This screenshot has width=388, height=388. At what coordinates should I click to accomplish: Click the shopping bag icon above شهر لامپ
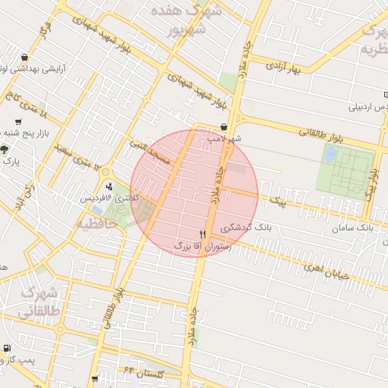pos(224,127)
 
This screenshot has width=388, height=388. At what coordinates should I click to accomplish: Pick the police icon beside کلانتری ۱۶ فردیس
pos(111,186)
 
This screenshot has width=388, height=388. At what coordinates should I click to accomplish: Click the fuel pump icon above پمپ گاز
pos(8,349)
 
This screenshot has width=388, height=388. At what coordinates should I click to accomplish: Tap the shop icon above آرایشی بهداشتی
pos(26,57)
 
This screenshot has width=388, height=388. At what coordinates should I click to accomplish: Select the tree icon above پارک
pos(5,149)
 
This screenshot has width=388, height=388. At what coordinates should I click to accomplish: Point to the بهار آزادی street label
pos(283,67)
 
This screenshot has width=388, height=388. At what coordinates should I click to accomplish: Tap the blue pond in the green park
pos(330,155)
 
